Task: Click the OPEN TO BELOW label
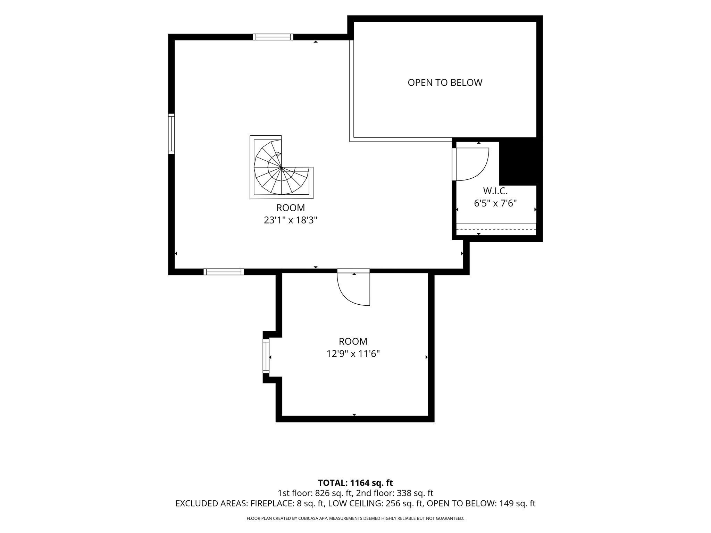pos(445,83)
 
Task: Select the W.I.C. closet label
pos(495,191)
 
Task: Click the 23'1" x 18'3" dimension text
pos(291,220)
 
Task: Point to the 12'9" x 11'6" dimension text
pos(353,354)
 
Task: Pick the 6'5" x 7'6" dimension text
pos(495,203)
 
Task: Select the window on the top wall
pos(273,37)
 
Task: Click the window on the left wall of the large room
pos(172,134)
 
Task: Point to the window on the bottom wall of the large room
pos(224,272)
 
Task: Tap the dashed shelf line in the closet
pos(496,229)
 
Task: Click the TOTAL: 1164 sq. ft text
pos(355,483)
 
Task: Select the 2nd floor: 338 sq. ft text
pos(395,493)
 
